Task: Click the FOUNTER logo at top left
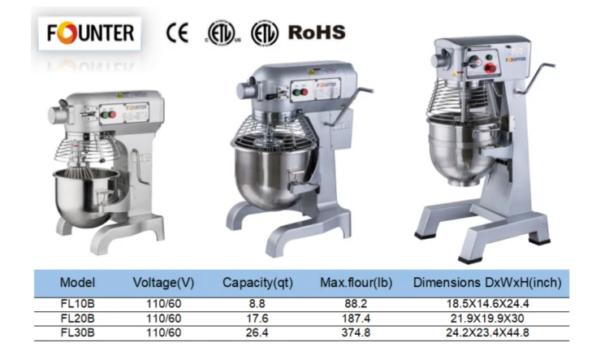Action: tap(89, 33)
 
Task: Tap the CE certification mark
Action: tap(178, 33)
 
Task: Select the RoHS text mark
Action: tap(317, 33)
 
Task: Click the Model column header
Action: tap(77, 283)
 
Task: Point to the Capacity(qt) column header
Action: tap(257, 283)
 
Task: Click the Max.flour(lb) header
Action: tap(356, 283)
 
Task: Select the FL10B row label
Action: tap(78, 304)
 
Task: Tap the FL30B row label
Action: tap(78, 333)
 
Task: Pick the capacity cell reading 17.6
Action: tap(257, 319)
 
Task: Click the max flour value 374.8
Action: tap(356, 333)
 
